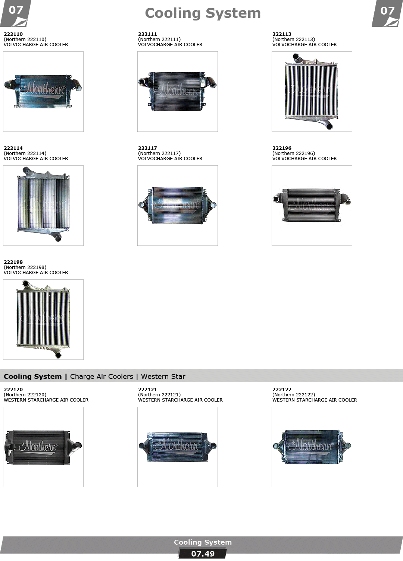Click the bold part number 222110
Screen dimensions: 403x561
click(x=13, y=34)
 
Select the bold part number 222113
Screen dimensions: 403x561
click(x=282, y=34)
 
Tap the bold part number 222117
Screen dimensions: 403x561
click(x=147, y=148)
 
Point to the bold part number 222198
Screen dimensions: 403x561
click(x=13, y=262)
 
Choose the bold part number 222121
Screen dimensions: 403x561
click(x=147, y=389)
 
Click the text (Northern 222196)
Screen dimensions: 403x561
click(x=294, y=153)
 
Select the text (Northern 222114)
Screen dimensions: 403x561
click(x=25, y=153)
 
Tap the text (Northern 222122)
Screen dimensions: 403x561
click(x=294, y=395)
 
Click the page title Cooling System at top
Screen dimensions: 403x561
click(x=203, y=13)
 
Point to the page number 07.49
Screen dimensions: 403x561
click(x=203, y=554)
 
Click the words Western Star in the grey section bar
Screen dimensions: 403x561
click(x=163, y=376)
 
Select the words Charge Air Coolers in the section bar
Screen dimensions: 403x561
click(x=101, y=376)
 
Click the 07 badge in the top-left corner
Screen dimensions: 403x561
click(x=16, y=13)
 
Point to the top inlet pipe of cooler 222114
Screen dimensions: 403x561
click(x=28, y=171)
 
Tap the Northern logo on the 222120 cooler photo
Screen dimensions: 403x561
click(x=38, y=447)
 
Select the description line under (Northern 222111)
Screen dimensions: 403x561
click(x=170, y=45)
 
